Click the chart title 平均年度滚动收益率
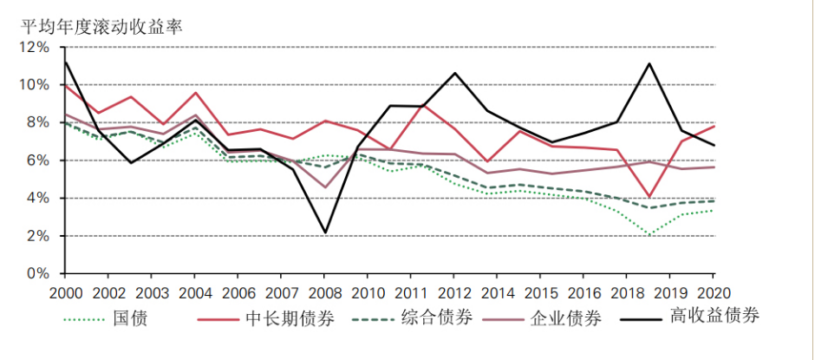[x=101, y=23]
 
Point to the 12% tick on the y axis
[x=36, y=47]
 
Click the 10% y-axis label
[x=36, y=85]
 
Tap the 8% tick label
[x=39, y=122]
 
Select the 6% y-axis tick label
[x=39, y=160]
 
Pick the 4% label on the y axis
[x=39, y=198]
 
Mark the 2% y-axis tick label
[x=39, y=236]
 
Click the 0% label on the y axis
[x=39, y=273]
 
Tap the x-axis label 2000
[x=67, y=293]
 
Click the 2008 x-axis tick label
[x=325, y=293]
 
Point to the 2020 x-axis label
[x=712, y=293]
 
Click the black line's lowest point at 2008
[x=325, y=232]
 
